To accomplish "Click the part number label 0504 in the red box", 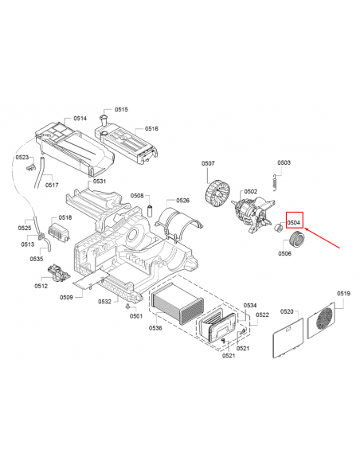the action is pos(294,222).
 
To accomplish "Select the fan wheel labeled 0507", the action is pos(217,193).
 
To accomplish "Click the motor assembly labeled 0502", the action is pos(253,213).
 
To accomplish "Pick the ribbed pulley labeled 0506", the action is pos(297,238).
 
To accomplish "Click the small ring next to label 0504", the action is pos(278,228).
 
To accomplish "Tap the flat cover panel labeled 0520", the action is pos(288,338).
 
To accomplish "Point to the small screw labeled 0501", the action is pos(127,306).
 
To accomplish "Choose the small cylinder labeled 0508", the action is pos(150,210).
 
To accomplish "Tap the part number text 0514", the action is pos(80,119).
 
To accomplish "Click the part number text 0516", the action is pos(151,128).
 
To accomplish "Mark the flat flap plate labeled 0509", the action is pos(91,279).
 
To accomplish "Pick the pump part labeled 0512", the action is pos(58,273).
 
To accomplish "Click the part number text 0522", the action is pos(262,315).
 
